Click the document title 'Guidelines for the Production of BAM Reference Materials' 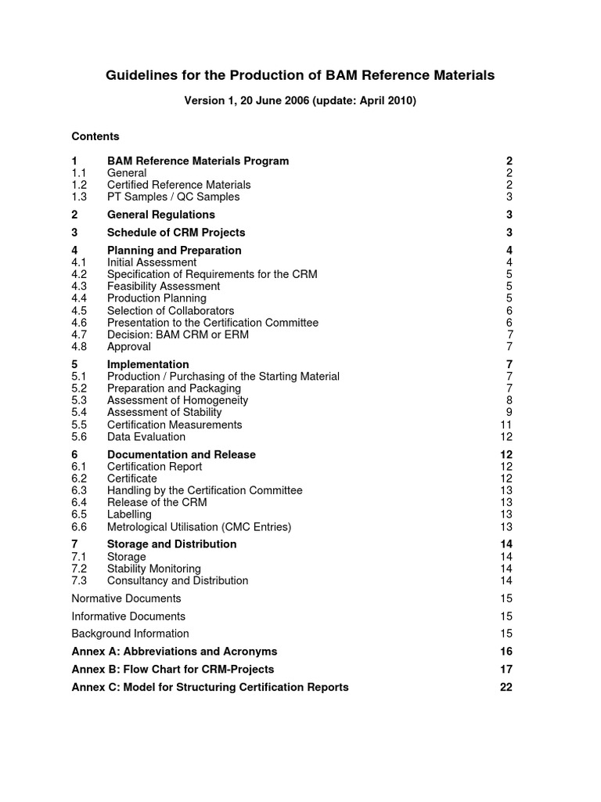(x=300, y=75)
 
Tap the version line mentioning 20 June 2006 (x=300, y=101)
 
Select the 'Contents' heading (x=95, y=136)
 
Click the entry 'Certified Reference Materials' (x=178, y=185)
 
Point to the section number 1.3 (x=79, y=197)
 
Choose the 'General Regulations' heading (x=160, y=215)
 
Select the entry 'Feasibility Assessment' (x=164, y=287)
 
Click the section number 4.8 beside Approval (x=79, y=346)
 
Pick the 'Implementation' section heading (x=147, y=364)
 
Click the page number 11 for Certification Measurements (x=506, y=424)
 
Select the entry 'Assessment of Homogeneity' (x=178, y=400)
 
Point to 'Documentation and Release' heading (x=181, y=454)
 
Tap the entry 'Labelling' (x=129, y=515)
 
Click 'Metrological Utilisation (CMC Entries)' (x=199, y=527)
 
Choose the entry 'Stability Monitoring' (x=153, y=569)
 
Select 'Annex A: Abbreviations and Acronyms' (x=174, y=652)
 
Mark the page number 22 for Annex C (x=506, y=687)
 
